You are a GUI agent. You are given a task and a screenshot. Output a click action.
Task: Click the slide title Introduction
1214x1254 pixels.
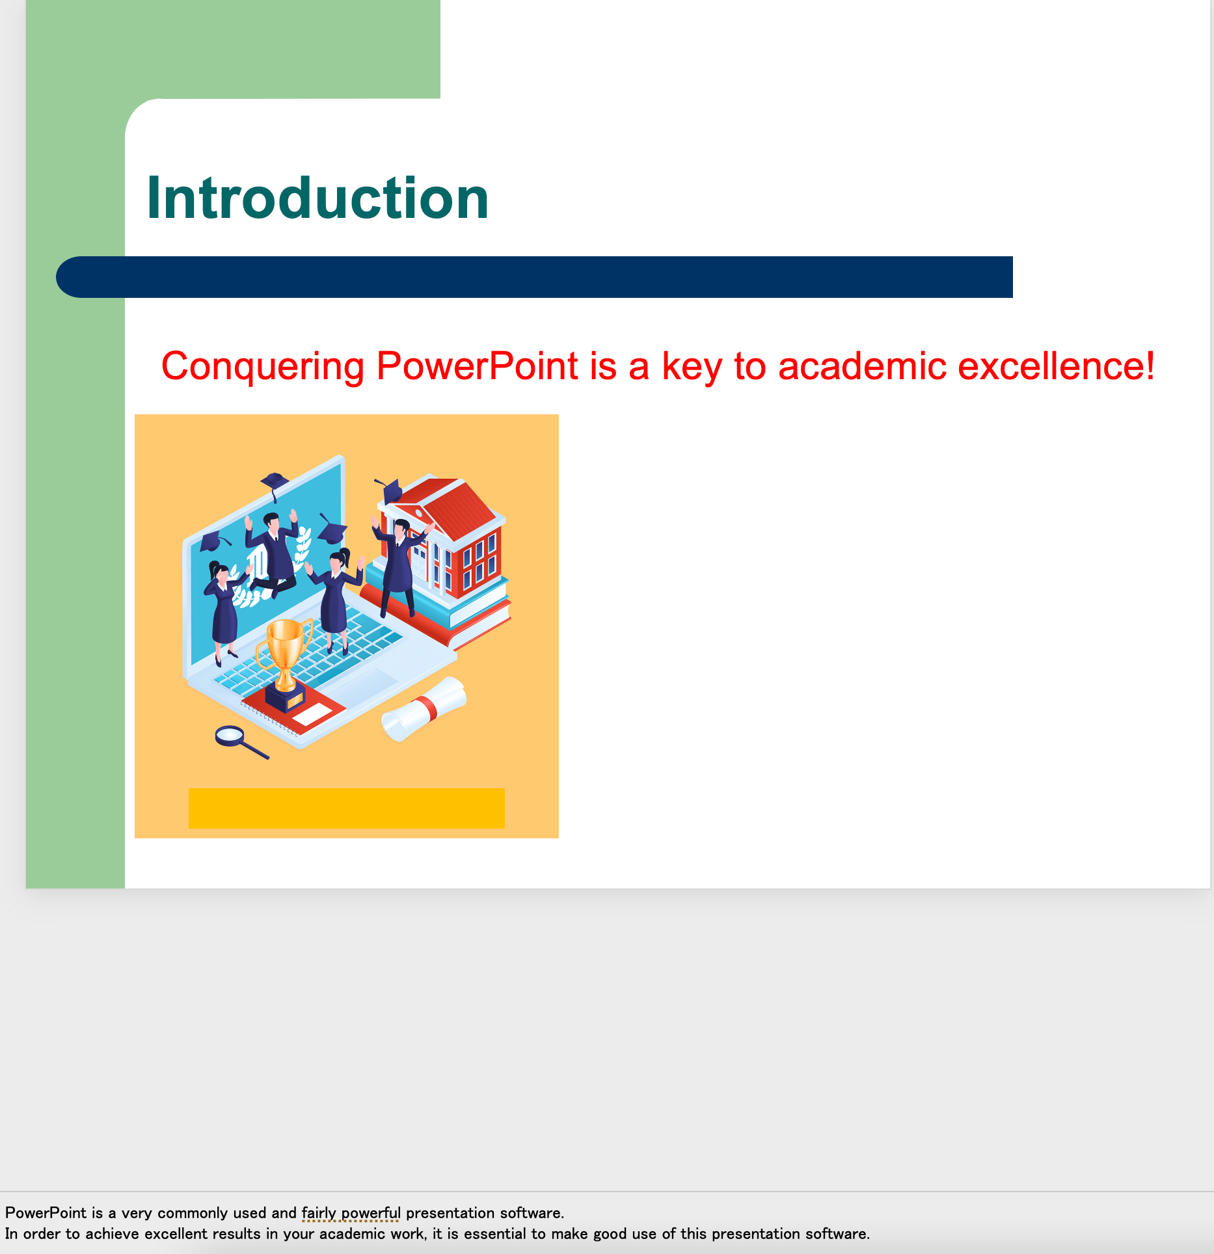[x=317, y=198]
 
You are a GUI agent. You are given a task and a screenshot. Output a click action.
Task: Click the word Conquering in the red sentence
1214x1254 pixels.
[x=263, y=367]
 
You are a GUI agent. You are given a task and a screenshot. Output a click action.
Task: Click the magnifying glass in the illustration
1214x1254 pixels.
[x=241, y=741]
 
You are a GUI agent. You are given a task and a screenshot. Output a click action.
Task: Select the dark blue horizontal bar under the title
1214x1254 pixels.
[x=534, y=277]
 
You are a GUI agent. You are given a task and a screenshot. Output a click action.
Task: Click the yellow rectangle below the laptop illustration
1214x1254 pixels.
[x=347, y=808]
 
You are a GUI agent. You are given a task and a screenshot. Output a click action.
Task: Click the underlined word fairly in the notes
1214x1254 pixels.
[x=319, y=1213]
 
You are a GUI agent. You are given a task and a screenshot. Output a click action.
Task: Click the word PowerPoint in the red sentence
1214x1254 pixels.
[x=478, y=366]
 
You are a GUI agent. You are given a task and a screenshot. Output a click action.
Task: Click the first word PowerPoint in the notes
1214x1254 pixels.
[x=46, y=1213]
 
